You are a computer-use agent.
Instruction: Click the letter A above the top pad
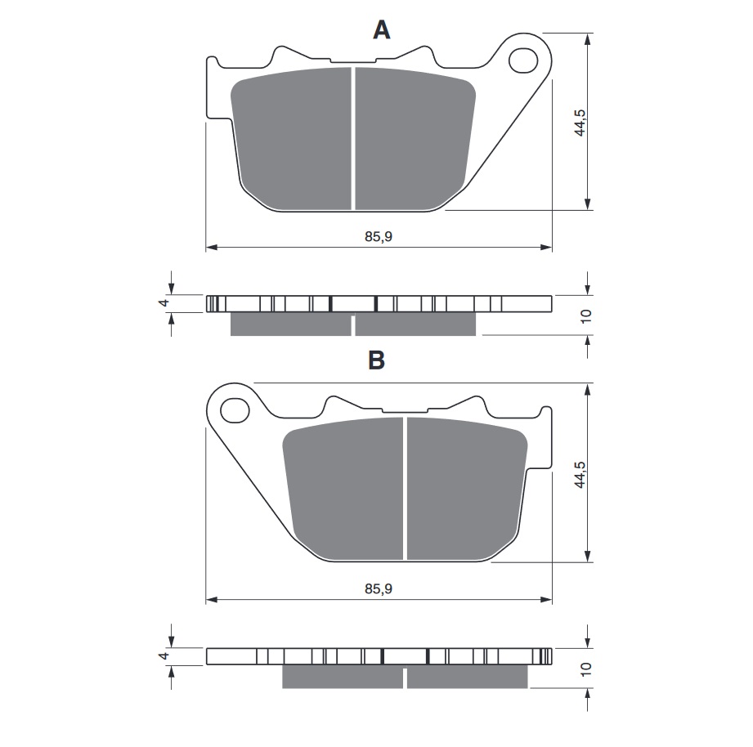[x=381, y=29]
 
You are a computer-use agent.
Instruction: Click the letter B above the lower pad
[x=376, y=360]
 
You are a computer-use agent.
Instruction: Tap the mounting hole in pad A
[x=522, y=60]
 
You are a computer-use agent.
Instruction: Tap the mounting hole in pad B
[x=235, y=410]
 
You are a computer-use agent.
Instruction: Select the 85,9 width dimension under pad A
[x=379, y=237]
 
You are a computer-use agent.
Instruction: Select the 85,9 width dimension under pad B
[x=379, y=588]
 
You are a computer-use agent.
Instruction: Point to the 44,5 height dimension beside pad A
[x=580, y=123]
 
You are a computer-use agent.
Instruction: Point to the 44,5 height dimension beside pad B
[x=580, y=475]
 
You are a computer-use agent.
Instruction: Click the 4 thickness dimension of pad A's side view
[x=164, y=303]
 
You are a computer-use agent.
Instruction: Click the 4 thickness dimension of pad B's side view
[x=164, y=655]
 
